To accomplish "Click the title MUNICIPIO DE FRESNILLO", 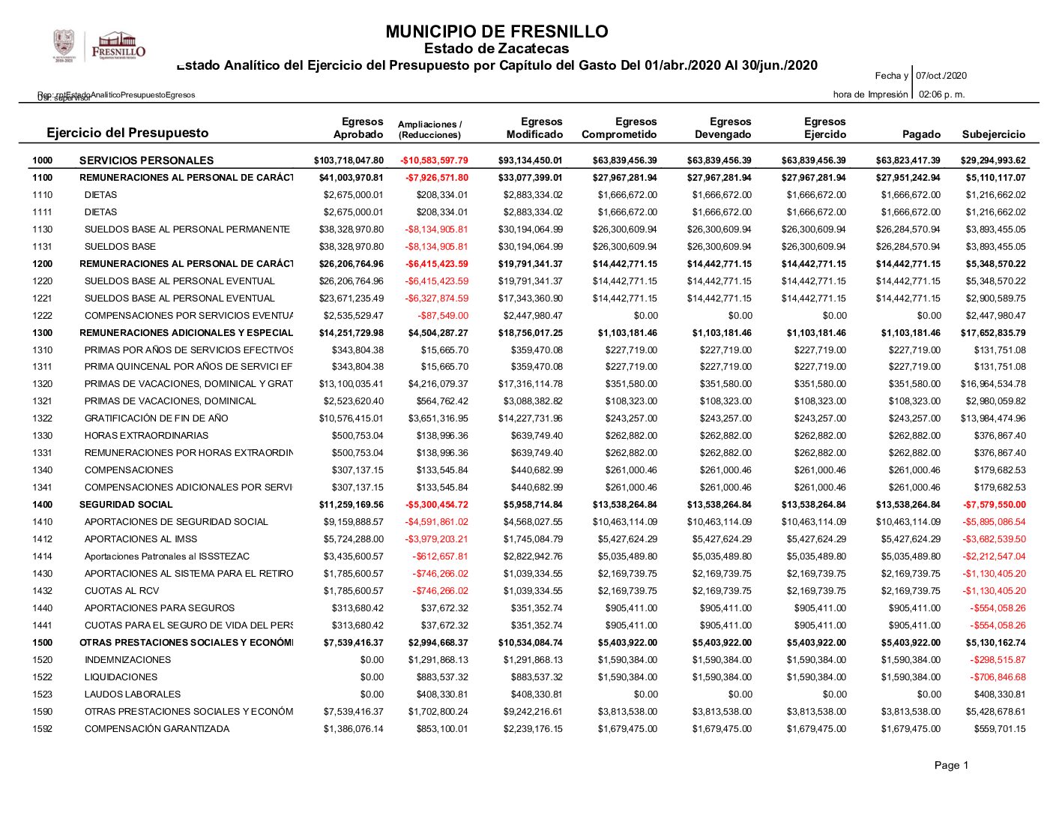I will click(496, 31).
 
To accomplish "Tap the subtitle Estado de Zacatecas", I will click(496, 49).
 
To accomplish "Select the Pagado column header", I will click(921, 134).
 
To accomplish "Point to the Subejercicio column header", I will click(993, 134).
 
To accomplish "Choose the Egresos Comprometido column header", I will click(619, 128).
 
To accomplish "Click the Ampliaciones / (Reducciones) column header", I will click(429, 129).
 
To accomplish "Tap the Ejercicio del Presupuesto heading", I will click(127, 133).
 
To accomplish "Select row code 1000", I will click(43, 160).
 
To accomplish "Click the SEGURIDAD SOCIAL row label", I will click(126, 505).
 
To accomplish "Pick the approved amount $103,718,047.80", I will click(349, 160).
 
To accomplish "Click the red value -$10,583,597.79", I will click(434, 160).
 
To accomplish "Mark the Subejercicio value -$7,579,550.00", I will click(995, 505).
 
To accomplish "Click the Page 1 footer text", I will click(951, 765).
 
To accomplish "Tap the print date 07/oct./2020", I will click(941, 76).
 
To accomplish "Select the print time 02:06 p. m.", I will click(941, 94).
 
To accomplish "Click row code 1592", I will click(43, 729).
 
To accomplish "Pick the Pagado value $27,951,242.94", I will click(908, 178).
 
